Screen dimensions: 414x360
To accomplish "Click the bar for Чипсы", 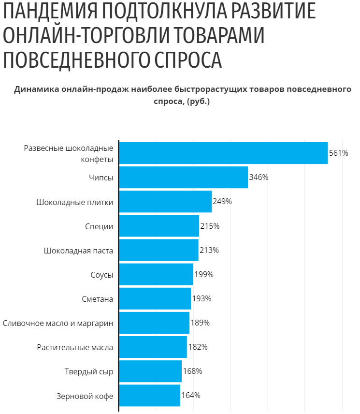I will (x=183, y=177).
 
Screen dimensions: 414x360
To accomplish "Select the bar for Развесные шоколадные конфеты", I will (x=223, y=153).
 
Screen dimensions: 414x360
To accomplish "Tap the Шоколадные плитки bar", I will (x=165, y=202).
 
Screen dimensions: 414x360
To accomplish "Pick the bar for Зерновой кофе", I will (x=149, y=395).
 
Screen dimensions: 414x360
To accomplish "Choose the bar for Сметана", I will (x=155, y=298).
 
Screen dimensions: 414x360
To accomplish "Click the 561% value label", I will (x=339, y=153).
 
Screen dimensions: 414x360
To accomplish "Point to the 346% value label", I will (x=259, y=177).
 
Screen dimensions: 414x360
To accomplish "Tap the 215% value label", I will (x=210, y=226).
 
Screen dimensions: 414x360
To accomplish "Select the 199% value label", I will (x=203, y=274).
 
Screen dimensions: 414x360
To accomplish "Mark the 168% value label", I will (x=192, y=371).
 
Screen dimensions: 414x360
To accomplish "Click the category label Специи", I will (x=99, y=226).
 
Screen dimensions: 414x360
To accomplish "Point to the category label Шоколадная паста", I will (x=78, y=251).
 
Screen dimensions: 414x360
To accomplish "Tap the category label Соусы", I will (x=102, y=275).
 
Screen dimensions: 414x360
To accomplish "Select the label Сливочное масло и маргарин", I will (x=58, y=323).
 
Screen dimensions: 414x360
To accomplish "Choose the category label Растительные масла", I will (x=75, y=347).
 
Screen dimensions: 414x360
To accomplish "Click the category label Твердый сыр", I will (x=89, y=371).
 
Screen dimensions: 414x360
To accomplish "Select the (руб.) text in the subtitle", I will (x=198, y=102).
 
